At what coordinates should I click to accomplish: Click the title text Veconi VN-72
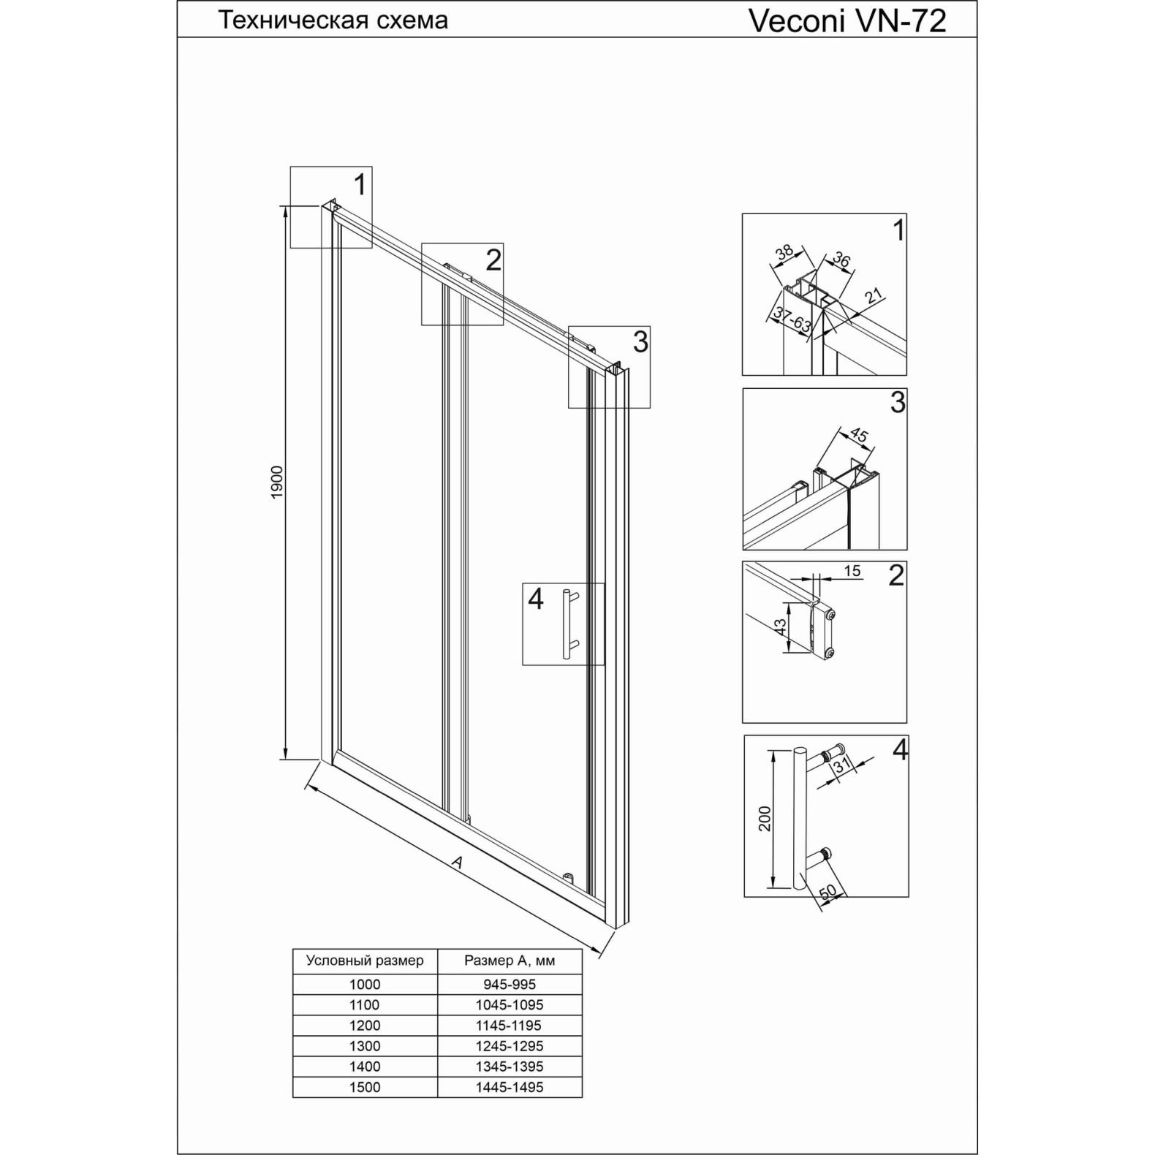click(847, 21)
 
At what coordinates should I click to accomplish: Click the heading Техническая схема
click(333, 20)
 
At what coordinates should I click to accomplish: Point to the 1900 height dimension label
click(277, 482)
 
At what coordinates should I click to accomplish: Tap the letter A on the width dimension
click(457, 863)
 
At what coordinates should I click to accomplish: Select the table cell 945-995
click(510, 985)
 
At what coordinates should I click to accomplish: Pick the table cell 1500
click(365, 1087)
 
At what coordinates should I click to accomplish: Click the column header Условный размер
click(365, 960)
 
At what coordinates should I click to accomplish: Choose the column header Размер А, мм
click(510, 960)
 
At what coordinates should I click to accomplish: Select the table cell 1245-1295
click(510, 1046)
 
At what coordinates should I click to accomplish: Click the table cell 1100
click(365, 1005)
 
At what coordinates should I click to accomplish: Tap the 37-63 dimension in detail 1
click(791, 322)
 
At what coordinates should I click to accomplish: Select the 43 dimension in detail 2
click(781, 626)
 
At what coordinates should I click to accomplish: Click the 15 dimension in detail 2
click(852, 572)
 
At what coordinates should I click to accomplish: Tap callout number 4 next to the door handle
click(536, 599)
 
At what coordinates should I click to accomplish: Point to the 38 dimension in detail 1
click(784, 253)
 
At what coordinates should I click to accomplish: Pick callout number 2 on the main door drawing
click(493, 260)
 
